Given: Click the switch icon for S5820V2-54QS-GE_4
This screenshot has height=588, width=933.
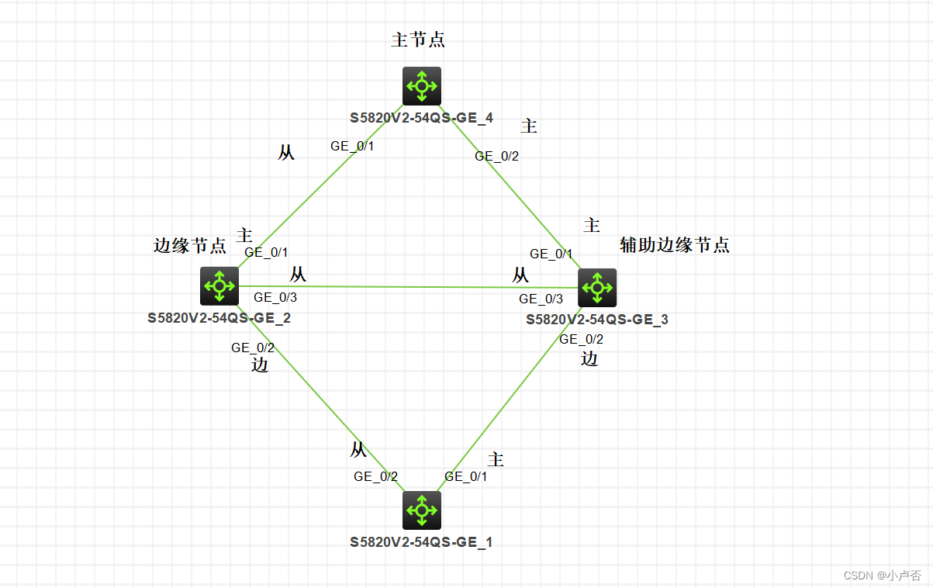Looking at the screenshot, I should click(x=422, y=85).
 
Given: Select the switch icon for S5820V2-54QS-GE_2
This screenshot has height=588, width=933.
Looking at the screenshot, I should click(x=219, y=286).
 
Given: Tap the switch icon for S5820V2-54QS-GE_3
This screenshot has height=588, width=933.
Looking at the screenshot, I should click(x=597, y=288).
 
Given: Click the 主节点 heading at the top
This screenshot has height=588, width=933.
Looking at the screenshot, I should click(x=418, y=40).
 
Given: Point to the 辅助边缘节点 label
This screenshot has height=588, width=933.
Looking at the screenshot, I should click(x=675, y=245).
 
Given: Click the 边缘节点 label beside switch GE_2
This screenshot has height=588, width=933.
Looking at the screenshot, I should click(x=190, y=246).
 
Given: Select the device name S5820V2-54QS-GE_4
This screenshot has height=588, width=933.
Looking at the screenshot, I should click(x=421, y=118).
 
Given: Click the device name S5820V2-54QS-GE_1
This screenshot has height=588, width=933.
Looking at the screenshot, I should click(x=421, y=542).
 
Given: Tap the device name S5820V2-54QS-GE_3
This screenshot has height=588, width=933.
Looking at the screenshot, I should click(x=596, y=319).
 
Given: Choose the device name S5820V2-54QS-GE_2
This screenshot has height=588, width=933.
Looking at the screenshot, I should click(x=219, y=317).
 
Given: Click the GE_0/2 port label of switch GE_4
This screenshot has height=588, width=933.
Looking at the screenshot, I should click(x=497, y=156).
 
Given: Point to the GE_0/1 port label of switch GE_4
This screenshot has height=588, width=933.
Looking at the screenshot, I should click(x=353, y=146).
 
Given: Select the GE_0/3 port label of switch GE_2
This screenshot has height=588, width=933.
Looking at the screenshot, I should click(x=275, y=296).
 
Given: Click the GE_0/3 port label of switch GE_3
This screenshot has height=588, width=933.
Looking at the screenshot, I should click(x=541, y=299).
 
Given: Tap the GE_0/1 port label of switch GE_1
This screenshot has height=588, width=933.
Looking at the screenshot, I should click(x=466, y=476).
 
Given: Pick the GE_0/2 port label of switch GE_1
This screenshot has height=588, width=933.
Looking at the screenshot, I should click(x=375, y=476).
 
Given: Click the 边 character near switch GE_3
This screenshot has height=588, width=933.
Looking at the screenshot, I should click(x=590, y=358).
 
